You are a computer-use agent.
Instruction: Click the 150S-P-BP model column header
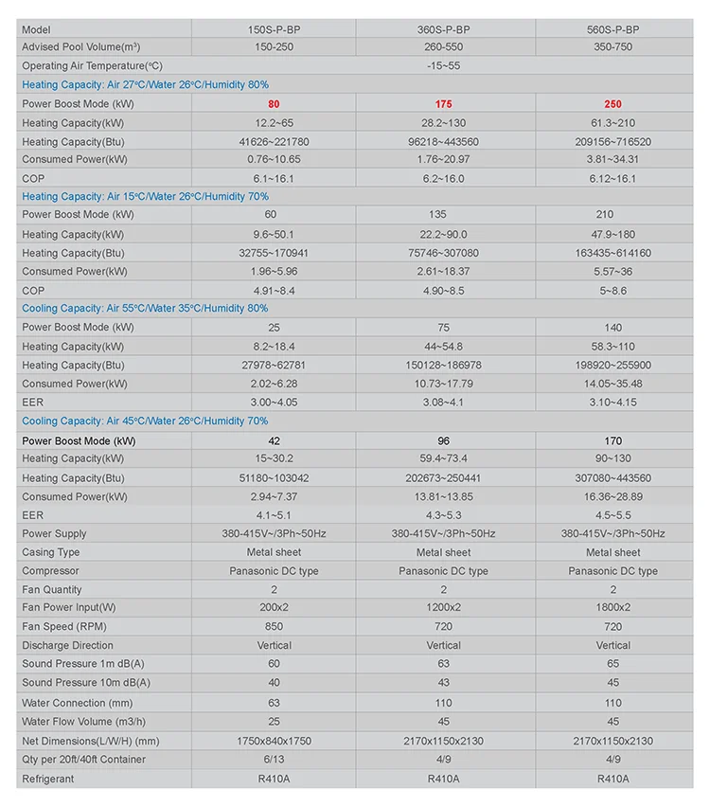click(x=274, y=29)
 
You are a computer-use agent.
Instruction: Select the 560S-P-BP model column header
click(x=612, y=29)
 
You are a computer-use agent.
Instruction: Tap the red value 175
click(x=444, y=103)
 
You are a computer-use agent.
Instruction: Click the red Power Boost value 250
click(x=612, y=103)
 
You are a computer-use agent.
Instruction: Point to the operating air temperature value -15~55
click(x=444, y=66)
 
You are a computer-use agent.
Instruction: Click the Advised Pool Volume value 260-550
click(x=444, y=47)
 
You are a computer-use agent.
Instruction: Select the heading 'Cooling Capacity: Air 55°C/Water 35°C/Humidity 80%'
click(x=145, y=308)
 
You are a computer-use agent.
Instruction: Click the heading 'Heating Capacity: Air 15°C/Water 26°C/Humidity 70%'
click(x=145, y=196)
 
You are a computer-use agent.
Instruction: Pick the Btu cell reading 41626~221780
click(x=274, y=141)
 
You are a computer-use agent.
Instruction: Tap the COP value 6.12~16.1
click(x=612, y=178)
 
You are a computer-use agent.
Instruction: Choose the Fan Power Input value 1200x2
click(x=444, y=607)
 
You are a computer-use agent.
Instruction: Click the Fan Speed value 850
click(x=274, y=626)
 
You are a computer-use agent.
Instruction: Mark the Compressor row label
click(x=51, y=571)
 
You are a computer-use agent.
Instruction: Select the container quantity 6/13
click(x=274, y=760)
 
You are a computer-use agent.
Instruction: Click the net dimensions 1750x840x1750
click(x=274, y=741)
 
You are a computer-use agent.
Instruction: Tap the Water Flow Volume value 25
click(x=274, y=722)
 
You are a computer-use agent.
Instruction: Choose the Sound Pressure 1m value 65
click(x=612, y=664)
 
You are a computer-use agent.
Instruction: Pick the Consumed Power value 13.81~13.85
click(x=444, y=496)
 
